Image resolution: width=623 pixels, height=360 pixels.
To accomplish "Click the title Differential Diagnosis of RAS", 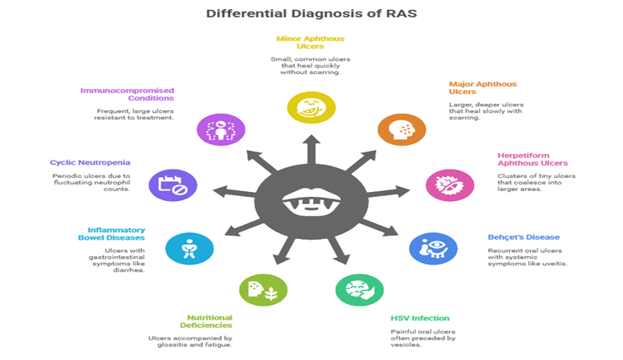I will [311, 13].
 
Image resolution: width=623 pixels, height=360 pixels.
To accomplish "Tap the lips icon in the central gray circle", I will [311, 199].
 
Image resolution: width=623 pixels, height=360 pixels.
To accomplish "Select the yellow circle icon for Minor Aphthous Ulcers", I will [311, 107].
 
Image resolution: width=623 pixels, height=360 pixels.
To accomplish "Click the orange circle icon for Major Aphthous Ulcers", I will [401, 129].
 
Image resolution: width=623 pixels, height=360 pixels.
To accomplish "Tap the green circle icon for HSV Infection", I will [358, 289].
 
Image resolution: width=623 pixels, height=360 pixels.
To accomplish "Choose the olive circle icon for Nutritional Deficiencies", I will [263, 289].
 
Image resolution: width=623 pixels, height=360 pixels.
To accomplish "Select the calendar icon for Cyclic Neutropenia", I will [171, 185].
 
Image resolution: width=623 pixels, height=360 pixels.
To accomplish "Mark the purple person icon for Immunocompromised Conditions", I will [220, 129].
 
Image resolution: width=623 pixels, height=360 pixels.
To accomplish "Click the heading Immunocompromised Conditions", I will [127, 95].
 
